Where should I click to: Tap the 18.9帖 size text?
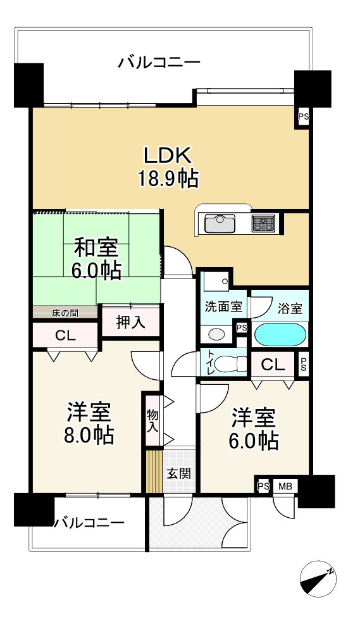(x=168, y=179)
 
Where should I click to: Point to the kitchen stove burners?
(x=263, y=223)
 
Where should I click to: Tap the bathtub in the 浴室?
(x=280, y=334)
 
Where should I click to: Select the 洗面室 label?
(x=223, y=307)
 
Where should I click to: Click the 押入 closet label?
(x=131, y=322)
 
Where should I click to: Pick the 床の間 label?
(x=65, y=312)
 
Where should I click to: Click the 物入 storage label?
(x=152, y=420)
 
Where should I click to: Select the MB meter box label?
(x=285, y=486)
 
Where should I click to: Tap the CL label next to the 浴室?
(x=273, y=365)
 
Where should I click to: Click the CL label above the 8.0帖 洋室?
(x=65, y=335)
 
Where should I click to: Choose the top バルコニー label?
(x=159, y=63)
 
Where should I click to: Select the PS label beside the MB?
(x=263, y=486)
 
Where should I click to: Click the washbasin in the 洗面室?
(x=216, y=334)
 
